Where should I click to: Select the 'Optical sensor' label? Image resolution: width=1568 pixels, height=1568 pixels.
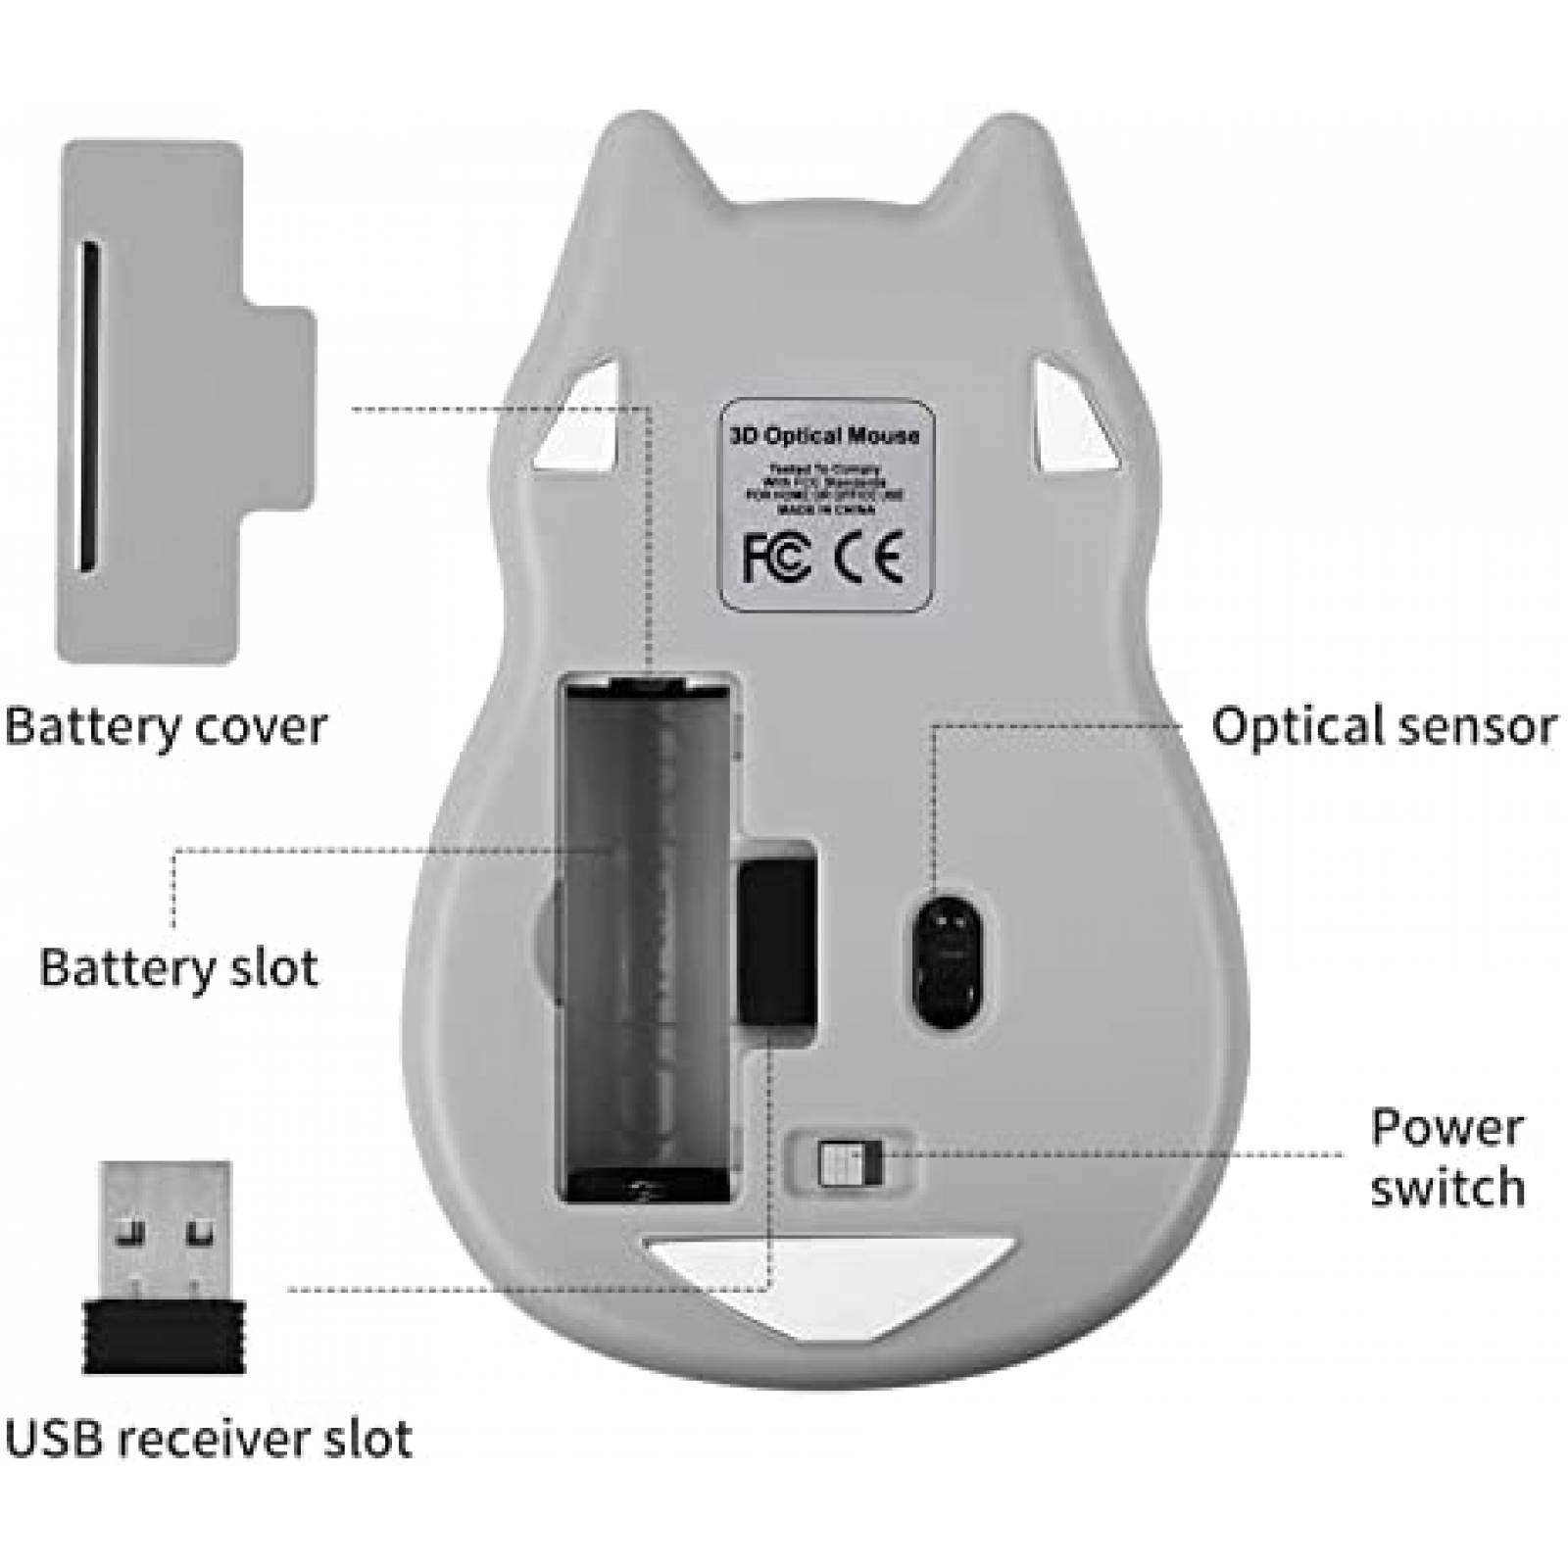1383,726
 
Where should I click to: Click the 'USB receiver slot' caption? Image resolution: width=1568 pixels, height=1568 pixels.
208,1439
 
